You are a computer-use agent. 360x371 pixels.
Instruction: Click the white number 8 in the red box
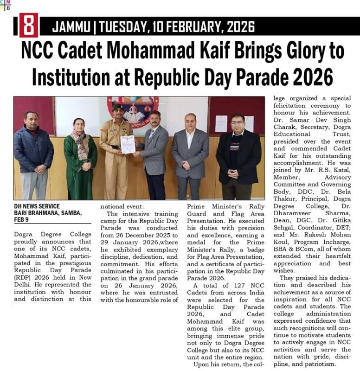pos(28,26)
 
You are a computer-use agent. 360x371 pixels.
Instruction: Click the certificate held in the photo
pos(128,144)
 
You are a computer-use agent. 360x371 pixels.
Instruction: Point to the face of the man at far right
pos(237,122)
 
